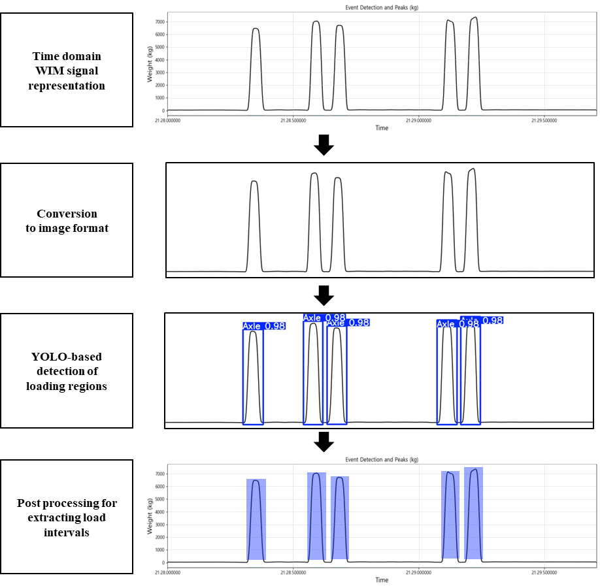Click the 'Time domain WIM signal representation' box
click(66, 70)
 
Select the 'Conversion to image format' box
click(66, 221)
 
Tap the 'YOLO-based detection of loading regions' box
click(66, 371)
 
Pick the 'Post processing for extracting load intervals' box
click(66, 517)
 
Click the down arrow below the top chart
click(324, 145)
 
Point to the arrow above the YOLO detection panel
click(324, 295)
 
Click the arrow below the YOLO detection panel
click(324, 442)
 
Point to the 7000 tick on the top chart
click(159, 22)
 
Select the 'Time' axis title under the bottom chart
click(382, 580)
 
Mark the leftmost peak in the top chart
click(256, 29)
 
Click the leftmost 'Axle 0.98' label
click(263, 326)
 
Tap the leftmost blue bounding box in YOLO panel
click(253, 376)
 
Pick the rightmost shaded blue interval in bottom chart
click(473, 513)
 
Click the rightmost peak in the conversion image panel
click(472, 170)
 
